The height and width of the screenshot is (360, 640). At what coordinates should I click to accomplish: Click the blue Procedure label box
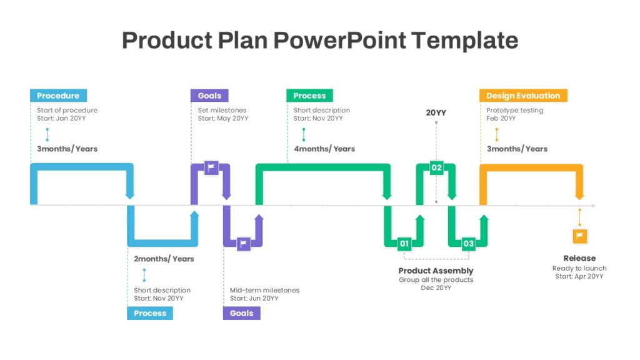point(58,96)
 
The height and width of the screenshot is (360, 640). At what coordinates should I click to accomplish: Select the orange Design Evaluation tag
point(523,96)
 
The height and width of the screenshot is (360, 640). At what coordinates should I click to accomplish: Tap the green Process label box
point(309,96)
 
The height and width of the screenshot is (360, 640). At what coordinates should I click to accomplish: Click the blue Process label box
point(150,313)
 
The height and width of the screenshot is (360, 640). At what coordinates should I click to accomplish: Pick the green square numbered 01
point(404,244)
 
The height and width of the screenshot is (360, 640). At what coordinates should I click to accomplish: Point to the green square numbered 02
point(436,167)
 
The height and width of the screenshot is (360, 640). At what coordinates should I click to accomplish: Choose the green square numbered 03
point(468,244)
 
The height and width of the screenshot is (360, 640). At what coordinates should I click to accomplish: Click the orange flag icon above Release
point(579,236)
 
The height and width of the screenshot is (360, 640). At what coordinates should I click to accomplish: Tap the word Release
point(579,258)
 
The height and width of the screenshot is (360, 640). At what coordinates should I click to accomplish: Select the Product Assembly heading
point(436,271)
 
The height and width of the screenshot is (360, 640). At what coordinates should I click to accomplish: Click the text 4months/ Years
point(324,149)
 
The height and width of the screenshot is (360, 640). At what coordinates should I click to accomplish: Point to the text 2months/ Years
point(164,259)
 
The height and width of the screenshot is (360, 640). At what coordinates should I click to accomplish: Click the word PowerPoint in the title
point(339,40)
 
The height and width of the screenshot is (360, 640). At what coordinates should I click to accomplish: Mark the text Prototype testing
point(515,110)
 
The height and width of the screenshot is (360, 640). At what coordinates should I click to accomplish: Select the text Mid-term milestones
point(264,290)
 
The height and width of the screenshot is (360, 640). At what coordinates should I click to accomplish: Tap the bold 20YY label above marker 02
point(436,112)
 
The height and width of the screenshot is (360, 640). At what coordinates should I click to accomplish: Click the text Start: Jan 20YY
point(61,118)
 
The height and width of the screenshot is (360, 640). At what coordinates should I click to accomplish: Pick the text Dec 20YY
point(436,287)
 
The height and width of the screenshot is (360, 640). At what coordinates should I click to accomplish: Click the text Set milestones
point(222,110)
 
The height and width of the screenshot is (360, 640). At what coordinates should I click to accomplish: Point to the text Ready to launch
point(579,268)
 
